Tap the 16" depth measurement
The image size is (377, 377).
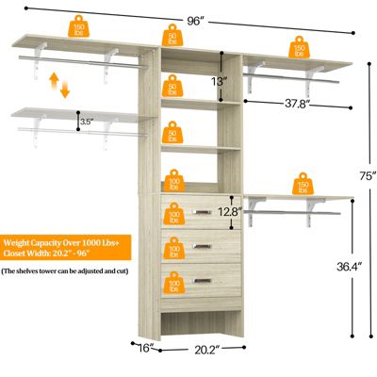[x=142, y=349]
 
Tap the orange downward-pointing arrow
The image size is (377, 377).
[x=64, y=90]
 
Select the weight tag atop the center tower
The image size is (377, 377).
[x=172, y=37]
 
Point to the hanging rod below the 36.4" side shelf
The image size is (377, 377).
[x=300, y=216]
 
